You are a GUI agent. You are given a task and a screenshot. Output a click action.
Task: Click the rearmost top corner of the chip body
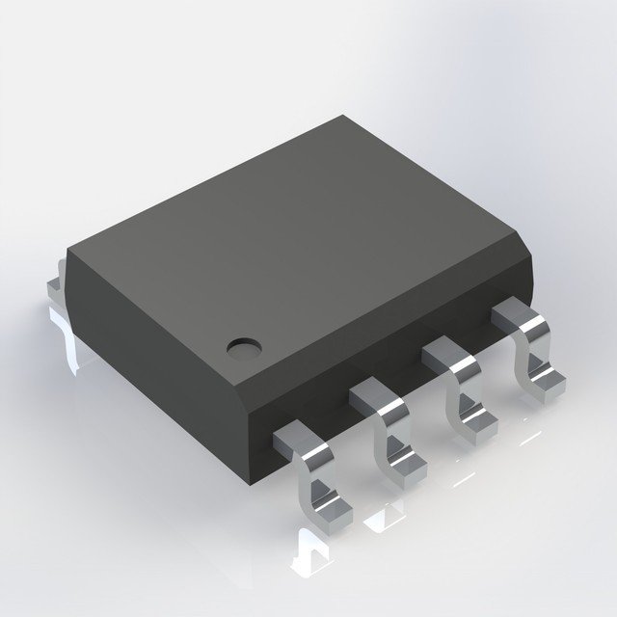pos(342,119)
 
